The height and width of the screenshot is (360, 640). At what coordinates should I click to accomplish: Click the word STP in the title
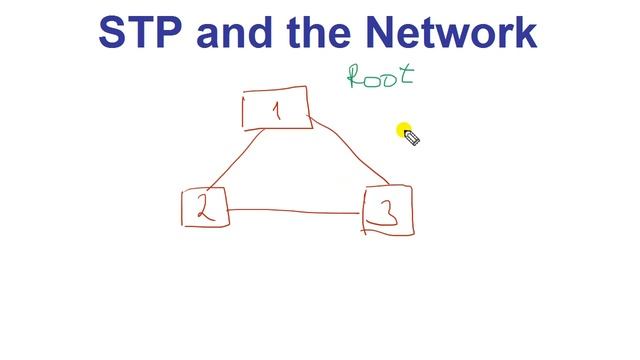142,32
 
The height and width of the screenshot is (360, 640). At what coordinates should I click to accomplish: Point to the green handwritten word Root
379,76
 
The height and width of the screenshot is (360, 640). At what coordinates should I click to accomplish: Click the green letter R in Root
355,78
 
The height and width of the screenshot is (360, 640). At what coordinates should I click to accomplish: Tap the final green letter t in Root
405,74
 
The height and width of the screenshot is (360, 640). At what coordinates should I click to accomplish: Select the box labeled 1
275,109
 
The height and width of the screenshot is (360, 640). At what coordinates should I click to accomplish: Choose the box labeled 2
204,207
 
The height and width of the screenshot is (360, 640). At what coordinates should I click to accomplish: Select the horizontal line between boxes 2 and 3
295,210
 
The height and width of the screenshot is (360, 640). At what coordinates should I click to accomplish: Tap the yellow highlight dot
404,131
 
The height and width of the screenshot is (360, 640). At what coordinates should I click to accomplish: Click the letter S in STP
114,32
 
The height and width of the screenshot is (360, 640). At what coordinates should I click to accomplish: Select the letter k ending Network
525,32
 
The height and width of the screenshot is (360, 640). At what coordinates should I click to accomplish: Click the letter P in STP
171,32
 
